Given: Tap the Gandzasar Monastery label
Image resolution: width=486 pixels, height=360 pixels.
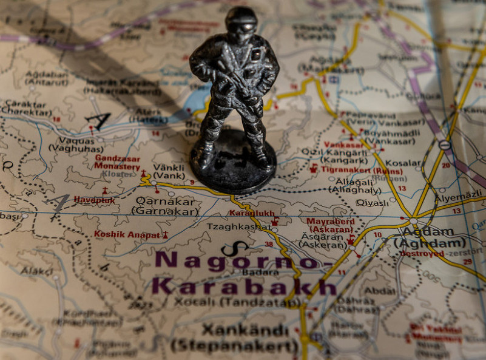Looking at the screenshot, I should point(117,162).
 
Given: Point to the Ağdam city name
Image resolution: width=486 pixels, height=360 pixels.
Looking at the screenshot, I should point(428,231).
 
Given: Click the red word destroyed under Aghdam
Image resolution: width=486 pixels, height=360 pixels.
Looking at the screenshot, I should point(422,254).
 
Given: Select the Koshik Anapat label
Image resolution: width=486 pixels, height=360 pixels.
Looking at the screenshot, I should point(127,234).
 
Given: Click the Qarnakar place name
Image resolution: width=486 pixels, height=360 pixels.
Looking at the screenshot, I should point(165,200).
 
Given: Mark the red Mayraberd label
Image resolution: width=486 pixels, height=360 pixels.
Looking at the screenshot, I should point(330,222).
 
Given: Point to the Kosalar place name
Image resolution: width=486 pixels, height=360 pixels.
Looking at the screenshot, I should point(403,163).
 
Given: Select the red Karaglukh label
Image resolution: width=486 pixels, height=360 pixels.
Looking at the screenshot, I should point(251,213).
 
